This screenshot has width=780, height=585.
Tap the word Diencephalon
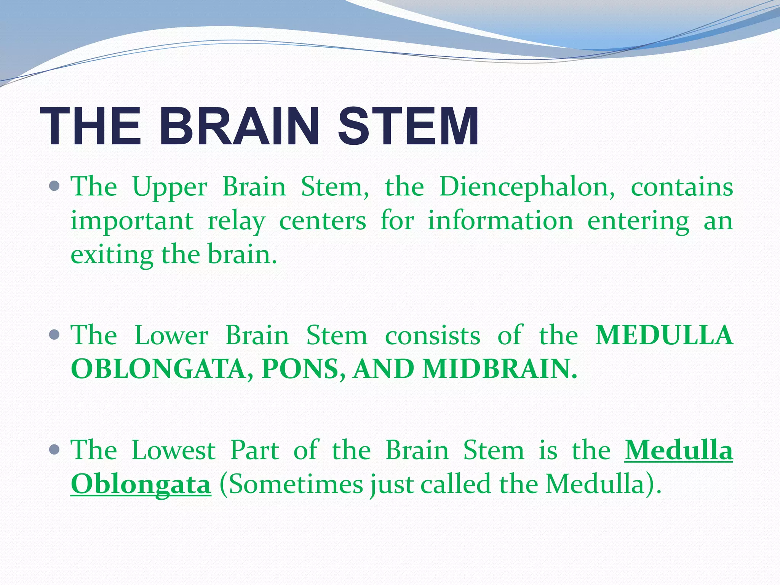coord(526,188)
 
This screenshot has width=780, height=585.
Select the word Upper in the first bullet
coord(170,188)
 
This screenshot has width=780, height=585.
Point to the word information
coord(500,221)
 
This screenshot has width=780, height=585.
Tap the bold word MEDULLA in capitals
coord(664,336)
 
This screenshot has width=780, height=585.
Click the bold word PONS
coord(304,369)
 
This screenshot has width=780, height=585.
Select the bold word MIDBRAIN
coord(499,369)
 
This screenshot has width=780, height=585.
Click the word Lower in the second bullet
coord(171,336)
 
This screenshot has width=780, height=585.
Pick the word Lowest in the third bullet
coord(174,451)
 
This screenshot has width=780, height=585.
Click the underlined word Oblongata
coord(141,484)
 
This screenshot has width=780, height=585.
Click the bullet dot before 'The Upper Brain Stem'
coord(55,186)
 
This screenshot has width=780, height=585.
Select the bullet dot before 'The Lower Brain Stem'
coord(55,335)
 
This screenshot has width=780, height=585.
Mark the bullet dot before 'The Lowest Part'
coord(55,450)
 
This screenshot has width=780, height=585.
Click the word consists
coord(433,336)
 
